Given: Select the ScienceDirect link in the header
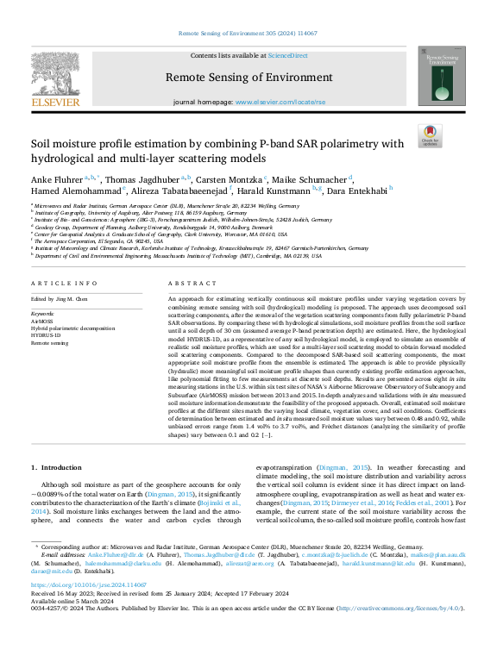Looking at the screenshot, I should point(287,55).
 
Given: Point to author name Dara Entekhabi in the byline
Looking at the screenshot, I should point(360,190).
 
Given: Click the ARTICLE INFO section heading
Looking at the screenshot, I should point(63,283).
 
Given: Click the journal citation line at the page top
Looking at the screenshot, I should point(248,34).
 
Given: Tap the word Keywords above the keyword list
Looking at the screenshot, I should point(44,314).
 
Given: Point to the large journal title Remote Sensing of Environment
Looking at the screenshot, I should point(248,78).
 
